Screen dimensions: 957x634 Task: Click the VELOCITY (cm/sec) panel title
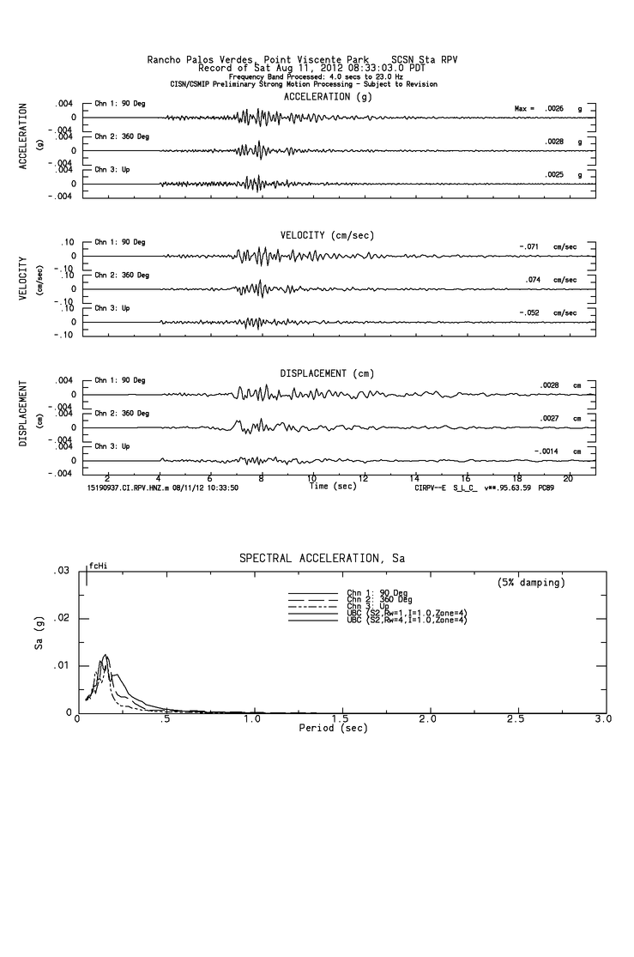point(327,235)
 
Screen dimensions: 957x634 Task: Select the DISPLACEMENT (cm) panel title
point(327,374)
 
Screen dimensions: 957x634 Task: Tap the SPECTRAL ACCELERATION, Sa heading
point(322,559)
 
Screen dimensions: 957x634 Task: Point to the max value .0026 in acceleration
point(554,109)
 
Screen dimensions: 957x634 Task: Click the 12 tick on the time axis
point(364,477)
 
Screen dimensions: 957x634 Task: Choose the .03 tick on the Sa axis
point(62,572)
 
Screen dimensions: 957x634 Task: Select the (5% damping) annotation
point(531,583)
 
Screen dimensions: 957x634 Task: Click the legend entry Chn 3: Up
point(367,606)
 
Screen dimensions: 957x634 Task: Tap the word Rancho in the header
point(167,60)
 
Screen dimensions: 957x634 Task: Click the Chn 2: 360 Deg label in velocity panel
point(122,276)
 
